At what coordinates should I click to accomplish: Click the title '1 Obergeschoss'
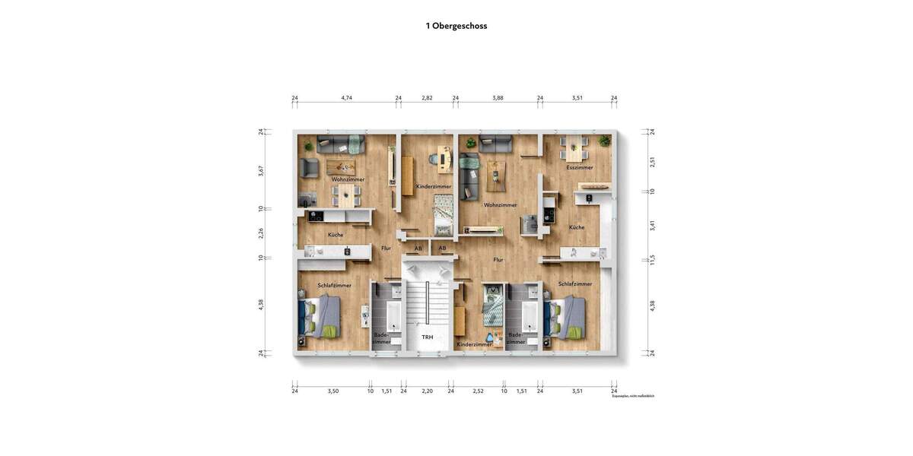(x=456, y=26)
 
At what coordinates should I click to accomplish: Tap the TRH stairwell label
(x=428, y=337)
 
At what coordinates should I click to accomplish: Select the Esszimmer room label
(x=580, y=167)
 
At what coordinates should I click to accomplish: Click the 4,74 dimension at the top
(x=347, y=98)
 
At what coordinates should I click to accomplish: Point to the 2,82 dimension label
(x=428, y=98)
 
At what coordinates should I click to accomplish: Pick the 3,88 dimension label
(x=498, y=98)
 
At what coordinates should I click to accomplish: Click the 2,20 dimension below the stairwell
(x=428, y=391)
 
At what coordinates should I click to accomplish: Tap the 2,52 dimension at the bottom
(x=478, y=391)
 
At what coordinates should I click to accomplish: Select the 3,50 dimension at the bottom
(x=333, y=391)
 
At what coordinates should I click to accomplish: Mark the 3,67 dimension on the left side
(x=261, y=171)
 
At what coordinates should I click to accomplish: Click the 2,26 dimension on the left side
(x=261, y=233)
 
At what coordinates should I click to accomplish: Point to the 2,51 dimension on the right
(x=652, y=162)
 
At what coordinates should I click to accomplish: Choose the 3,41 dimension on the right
(x=652, y=225)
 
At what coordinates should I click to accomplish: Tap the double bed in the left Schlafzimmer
(x=319, y=315)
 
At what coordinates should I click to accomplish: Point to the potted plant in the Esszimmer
(x=604, y=141)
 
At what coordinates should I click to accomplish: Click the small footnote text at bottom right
(x=633, y=397)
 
